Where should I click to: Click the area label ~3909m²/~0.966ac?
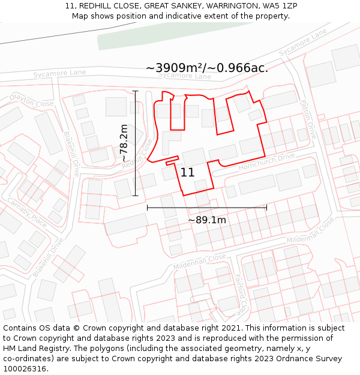[x=206, y=68]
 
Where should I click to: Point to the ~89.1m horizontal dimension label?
[x=207, y=220]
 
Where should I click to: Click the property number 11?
[x=187, y=172]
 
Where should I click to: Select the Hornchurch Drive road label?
[x=266, y=161]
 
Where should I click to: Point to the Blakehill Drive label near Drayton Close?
[x=71, y=154]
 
